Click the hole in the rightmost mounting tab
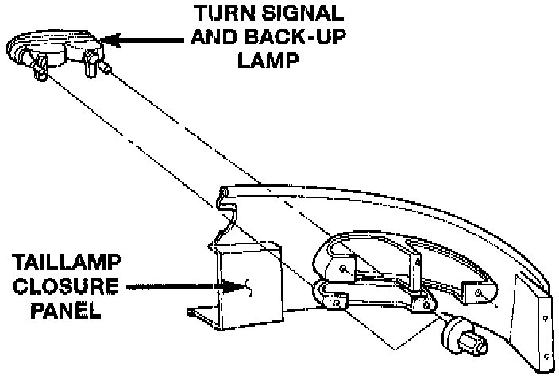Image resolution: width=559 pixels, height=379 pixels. click(480, 293)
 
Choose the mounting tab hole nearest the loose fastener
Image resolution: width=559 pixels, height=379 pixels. click(422, 304)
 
